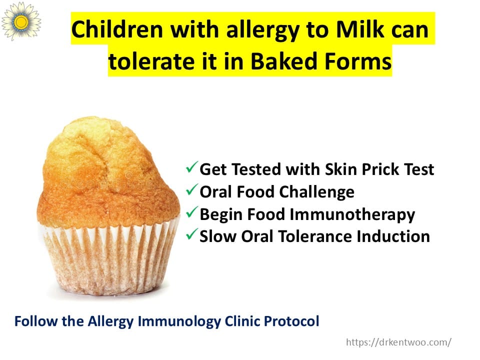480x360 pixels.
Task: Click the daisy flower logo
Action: (21, 21)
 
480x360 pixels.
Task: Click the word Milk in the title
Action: (359, 29)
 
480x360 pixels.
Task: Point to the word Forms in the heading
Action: (357, 61)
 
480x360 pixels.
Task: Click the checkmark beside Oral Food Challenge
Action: (191, 190)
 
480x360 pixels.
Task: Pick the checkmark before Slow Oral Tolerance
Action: (191, 234)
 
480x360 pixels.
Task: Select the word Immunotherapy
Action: (352, 215)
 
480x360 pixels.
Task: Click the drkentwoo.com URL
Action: (398, 342)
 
